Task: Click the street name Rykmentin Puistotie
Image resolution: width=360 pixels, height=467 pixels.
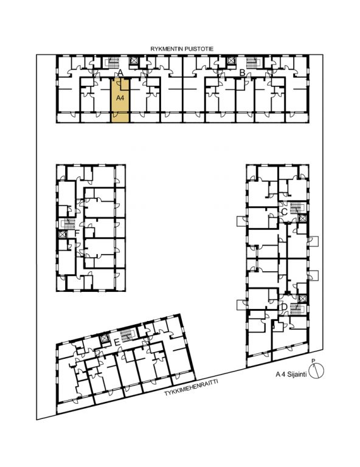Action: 182,49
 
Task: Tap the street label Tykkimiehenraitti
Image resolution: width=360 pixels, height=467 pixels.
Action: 191,387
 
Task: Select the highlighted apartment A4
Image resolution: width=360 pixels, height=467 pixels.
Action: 120,101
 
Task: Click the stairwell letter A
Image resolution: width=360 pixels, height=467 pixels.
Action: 120,73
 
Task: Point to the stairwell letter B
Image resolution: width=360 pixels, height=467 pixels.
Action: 243,73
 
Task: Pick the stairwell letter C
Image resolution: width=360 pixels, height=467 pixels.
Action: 284,212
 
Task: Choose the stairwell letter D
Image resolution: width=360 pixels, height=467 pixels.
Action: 284,306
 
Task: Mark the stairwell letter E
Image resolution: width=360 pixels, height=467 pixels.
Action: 117,343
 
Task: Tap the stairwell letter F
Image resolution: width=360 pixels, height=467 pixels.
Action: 77,233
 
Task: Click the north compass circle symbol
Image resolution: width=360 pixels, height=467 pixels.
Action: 316,371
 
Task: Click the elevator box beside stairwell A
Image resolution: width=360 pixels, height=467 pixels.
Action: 134,61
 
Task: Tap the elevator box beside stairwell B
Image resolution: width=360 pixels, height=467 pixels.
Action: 230,61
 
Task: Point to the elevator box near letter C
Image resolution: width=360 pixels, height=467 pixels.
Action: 302,218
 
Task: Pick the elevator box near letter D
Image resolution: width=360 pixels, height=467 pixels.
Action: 302,299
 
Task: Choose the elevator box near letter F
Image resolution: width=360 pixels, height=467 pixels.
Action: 62,234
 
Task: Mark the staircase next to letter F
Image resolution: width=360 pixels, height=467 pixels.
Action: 69,224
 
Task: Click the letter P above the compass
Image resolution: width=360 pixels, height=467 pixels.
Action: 313,361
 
